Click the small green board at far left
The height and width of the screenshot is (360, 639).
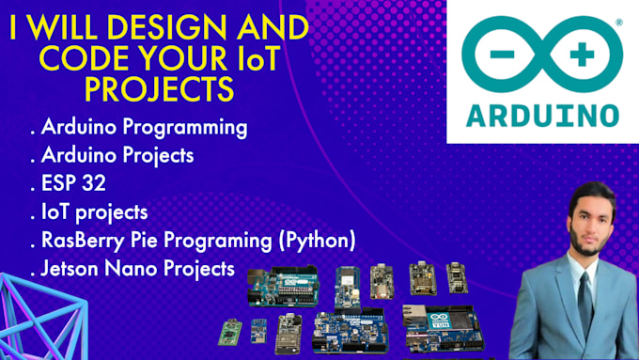tap(228, 333)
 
